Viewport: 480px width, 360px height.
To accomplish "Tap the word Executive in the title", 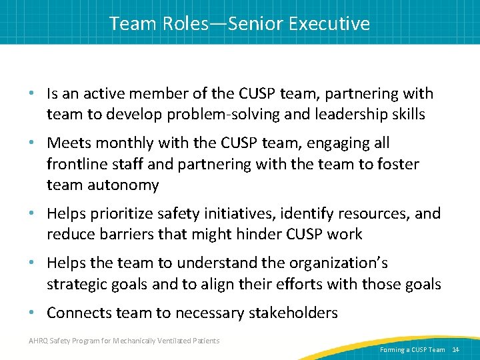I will tap(329, 24).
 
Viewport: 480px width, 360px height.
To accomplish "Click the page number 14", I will tap(456, 349).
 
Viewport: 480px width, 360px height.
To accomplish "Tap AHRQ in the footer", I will tap(39, 341).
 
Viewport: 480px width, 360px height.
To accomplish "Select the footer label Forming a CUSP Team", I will tap(412, 349).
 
